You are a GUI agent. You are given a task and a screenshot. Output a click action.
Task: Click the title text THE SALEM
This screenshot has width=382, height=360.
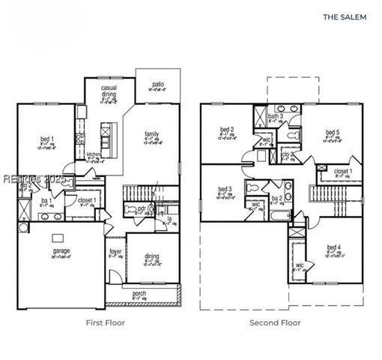coord(345,15)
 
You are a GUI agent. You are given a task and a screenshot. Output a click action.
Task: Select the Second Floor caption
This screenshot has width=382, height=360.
coord(276,322)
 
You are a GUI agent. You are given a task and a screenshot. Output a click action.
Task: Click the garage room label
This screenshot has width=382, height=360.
coord(61,251)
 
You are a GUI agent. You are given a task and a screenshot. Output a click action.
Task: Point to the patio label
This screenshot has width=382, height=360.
coord(158,85)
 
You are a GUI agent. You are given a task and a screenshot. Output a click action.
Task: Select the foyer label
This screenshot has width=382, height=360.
coord(115,251)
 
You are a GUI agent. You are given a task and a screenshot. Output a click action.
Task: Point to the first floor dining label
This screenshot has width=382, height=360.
coord(152,256)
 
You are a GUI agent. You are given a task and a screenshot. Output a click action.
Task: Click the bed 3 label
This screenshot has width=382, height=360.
coord(225,189)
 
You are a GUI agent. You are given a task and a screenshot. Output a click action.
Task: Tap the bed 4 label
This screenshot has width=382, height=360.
coord(334,247)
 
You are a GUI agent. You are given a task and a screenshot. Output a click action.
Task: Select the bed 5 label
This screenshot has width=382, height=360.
coord(332,132)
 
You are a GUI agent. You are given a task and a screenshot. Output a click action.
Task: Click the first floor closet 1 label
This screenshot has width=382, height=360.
coord(85,201)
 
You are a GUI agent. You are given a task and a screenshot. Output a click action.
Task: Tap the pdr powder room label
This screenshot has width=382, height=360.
coord(141,209)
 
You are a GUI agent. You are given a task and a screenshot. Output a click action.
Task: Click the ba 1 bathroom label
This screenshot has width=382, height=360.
coord(46,201)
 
